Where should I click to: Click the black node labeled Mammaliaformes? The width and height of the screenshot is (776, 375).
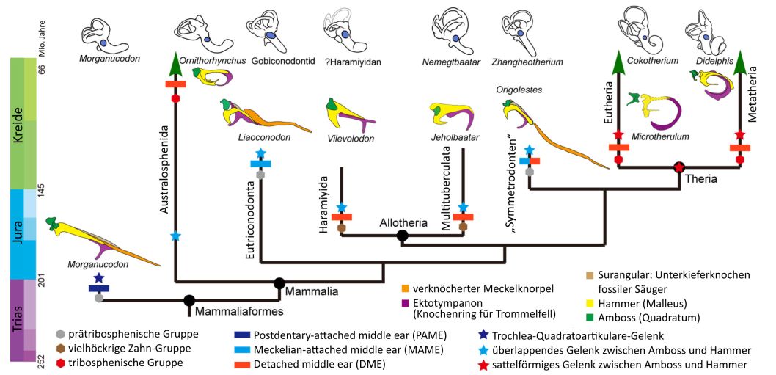click(x=189, y=300)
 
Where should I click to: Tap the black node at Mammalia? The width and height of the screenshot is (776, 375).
click(x=279, y=283)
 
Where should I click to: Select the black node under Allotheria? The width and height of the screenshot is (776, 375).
click(x=402, y=236)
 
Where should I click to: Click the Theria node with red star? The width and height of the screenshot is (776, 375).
click(x=680, y=167)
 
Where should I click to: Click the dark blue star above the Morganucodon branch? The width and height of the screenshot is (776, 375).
click(x=99, y=277)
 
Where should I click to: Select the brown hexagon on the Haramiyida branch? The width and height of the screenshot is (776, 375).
click(x=341, y=227)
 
